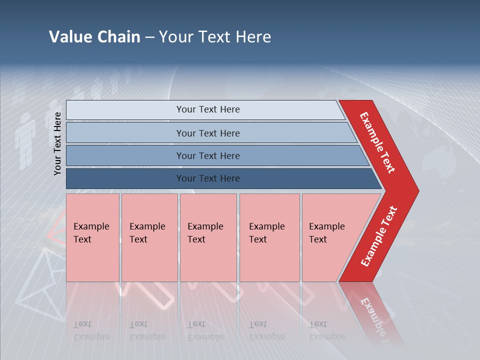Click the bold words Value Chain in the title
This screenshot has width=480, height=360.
(94, 37)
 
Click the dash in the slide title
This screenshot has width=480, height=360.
(149, 37)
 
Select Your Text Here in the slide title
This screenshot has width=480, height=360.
(215, 37)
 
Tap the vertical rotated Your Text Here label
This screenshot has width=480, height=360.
(57, 143)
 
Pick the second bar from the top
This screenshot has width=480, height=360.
(207, 133)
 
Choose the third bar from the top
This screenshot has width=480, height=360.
(207, 155)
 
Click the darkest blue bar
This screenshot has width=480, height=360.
(207, 178)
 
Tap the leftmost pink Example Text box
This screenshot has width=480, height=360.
(92, 237)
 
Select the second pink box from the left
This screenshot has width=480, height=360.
(149, 237)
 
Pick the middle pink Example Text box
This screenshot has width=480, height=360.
(207, 237)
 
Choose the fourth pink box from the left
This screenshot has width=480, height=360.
(269, 237)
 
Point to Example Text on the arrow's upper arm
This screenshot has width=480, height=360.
(377, 142)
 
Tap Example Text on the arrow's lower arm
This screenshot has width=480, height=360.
(379, 236)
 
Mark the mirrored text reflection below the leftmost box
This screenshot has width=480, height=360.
(91, 330)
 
